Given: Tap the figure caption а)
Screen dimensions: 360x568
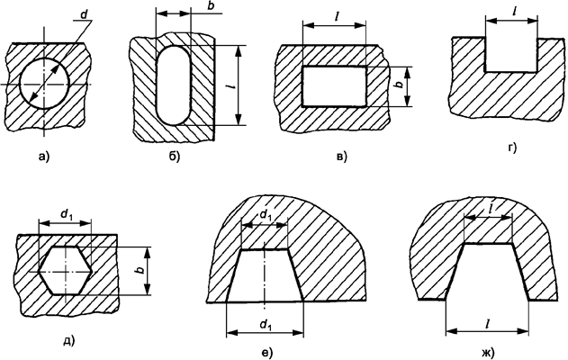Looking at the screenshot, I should [42, 158].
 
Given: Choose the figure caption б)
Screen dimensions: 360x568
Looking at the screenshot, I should [175, 158].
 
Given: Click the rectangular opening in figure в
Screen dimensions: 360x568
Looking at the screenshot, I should [334, 85].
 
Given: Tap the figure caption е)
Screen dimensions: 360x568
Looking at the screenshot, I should [266, 349].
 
